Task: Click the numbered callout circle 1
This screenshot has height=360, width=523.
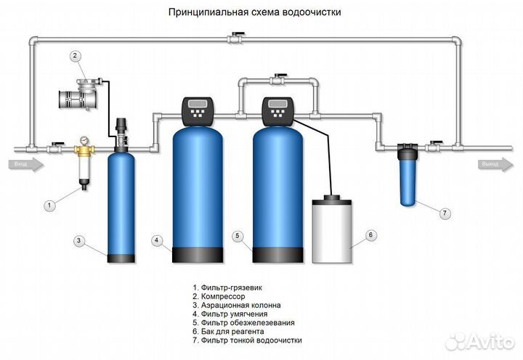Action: [x=49, y=205]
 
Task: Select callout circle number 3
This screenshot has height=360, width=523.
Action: [x=80, y=240]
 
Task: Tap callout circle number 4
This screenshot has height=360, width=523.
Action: [x=156, y=240]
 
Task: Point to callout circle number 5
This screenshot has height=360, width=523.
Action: [x=236, y=235]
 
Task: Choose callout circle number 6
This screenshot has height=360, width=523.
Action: [x=369, y=234]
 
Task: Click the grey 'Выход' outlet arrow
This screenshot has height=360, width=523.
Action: [x=496, y=165]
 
